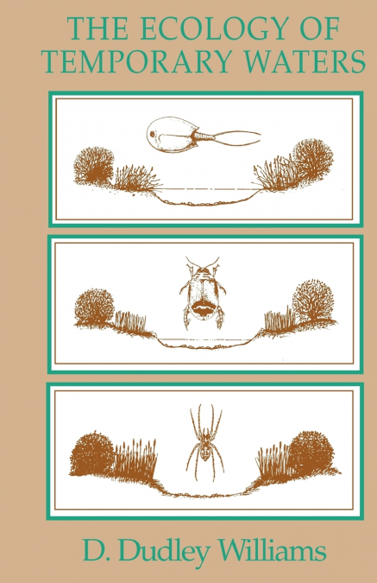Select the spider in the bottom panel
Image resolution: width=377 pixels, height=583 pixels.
pos(204,441)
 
